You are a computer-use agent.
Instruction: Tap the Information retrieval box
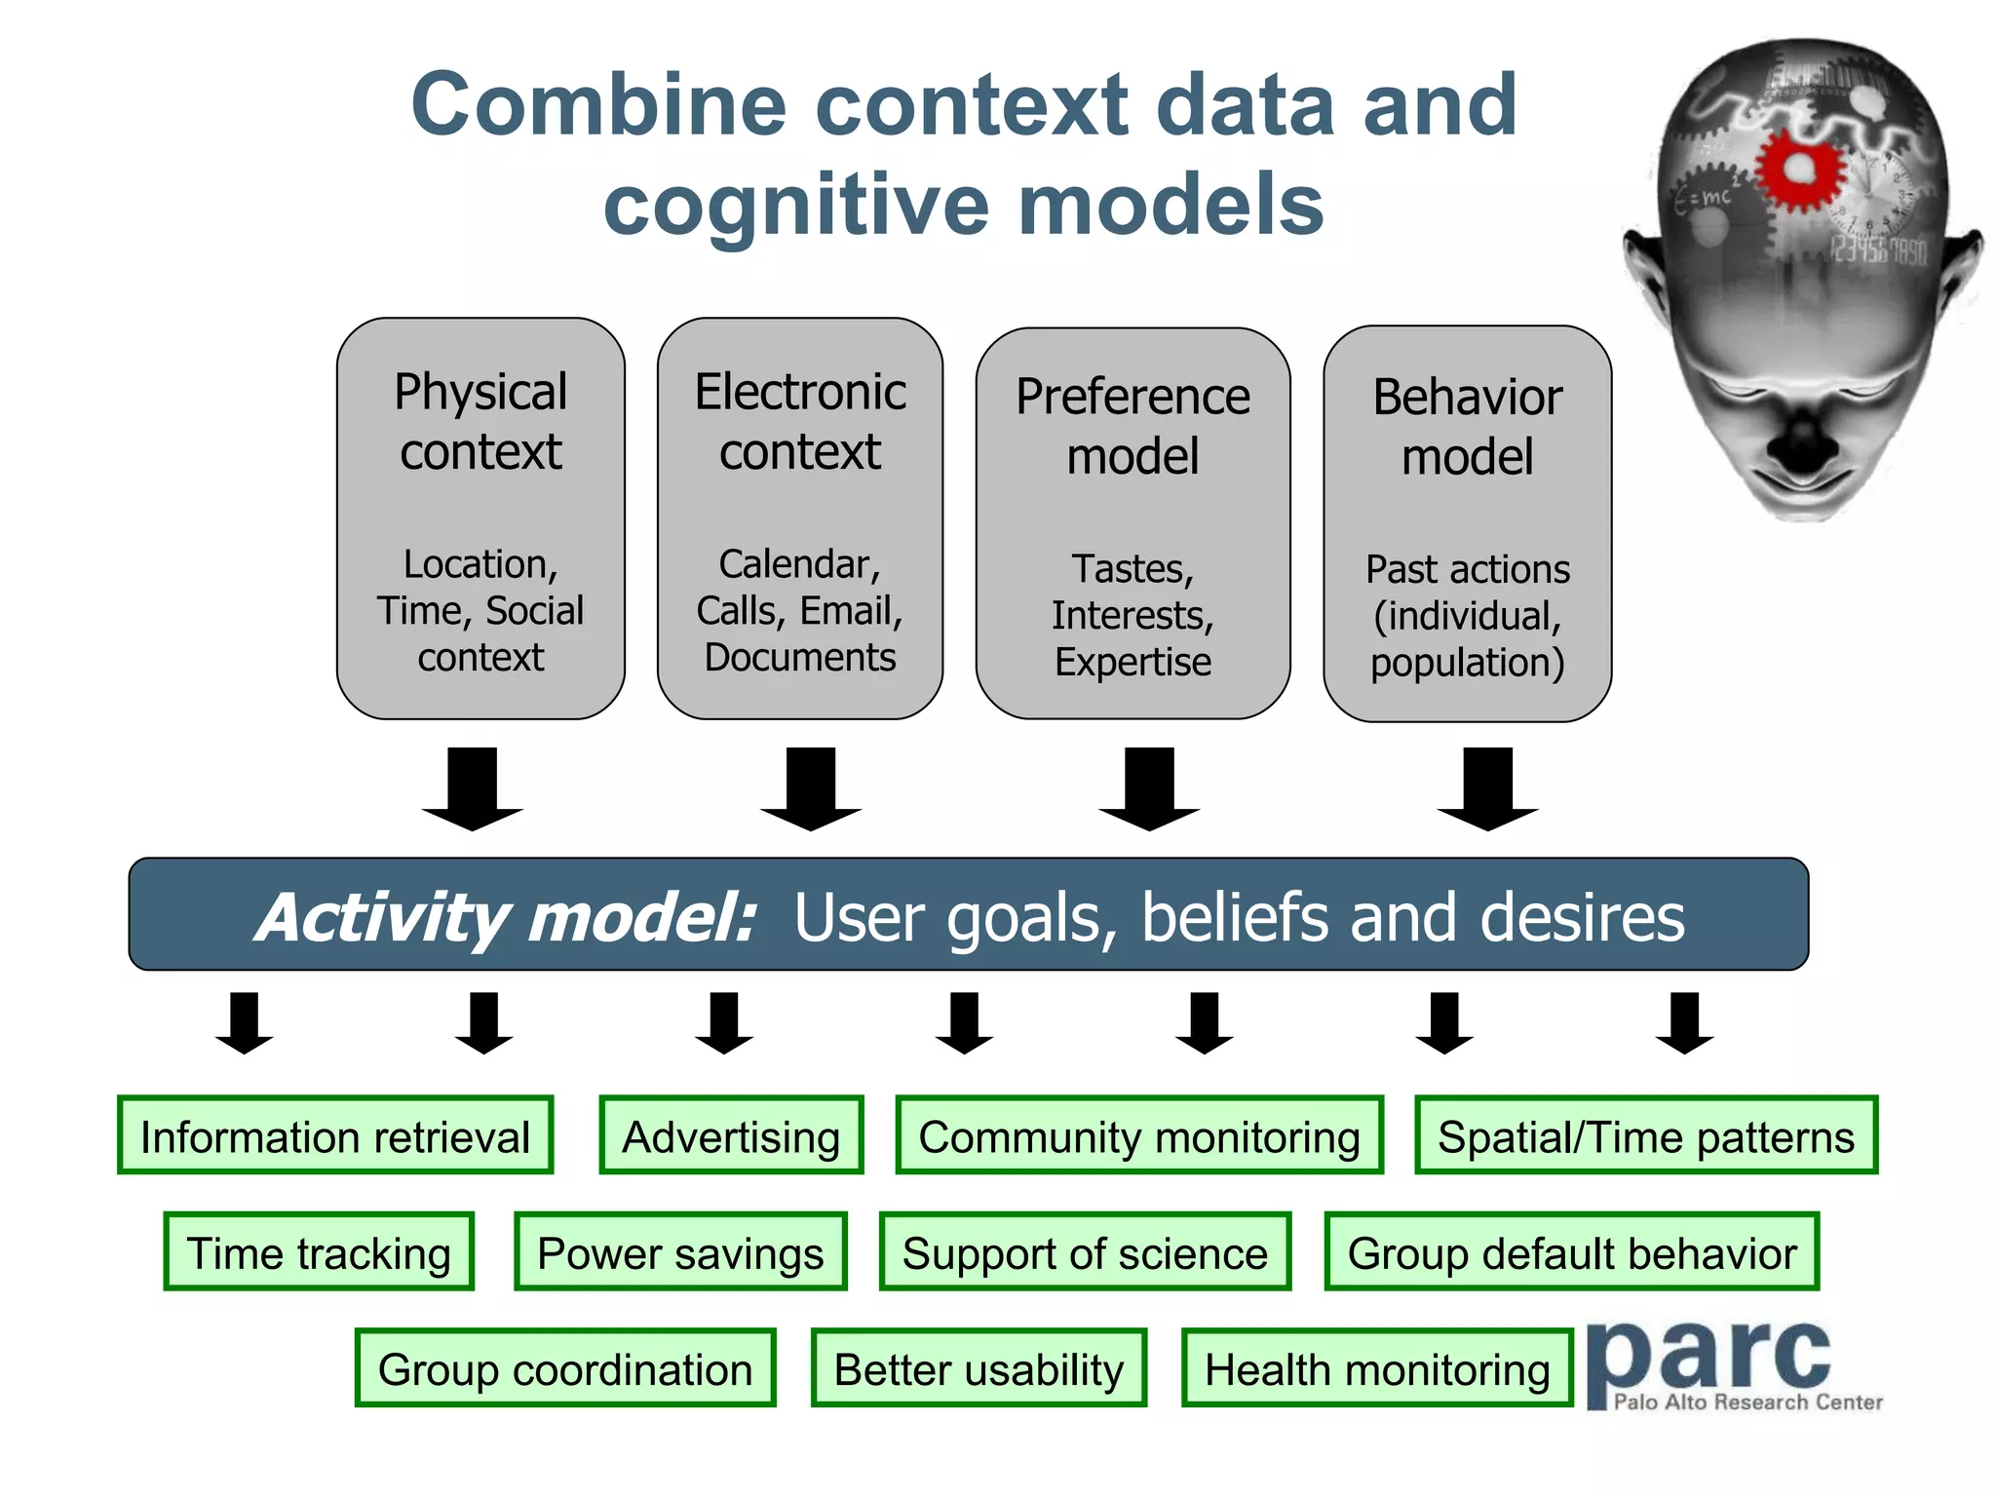click(x=334, y=1136)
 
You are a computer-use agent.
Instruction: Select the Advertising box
click(x=731, y=1136)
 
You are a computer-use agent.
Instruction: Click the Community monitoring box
click(x=1138, y=1136)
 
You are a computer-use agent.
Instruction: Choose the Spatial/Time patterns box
click(x=1645, y=1136)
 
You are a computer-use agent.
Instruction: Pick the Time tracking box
click(x=319, y=1252)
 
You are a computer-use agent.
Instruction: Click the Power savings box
click(x=680, y=1252)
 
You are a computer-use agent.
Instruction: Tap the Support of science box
click(x=1085, y=1252)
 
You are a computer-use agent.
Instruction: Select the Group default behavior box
click(x=1571, y=1252)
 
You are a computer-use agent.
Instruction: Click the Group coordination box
click(x=565, y=1368)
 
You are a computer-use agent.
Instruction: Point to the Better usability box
click(x=979, y=1368)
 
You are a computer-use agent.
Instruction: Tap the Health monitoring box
click(x=1376, y=1368)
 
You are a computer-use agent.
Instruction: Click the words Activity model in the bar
click(x=507, y=917)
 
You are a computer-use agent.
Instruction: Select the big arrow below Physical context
click(x=473, y=787)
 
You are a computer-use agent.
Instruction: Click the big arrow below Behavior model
click(x=1487, y=787)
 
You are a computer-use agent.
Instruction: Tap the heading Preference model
click(x=1132, y=426)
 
